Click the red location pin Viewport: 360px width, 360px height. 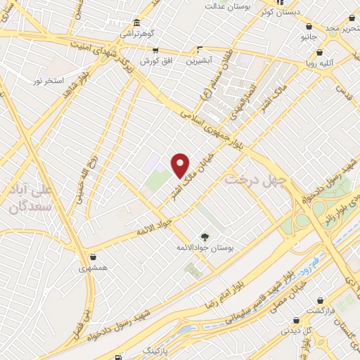[x=181, y=165]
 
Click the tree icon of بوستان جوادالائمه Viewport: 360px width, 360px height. [x=205, y=237]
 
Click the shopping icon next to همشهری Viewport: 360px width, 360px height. [x=94, y=257]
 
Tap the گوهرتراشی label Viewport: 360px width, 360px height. [x=136, y=33]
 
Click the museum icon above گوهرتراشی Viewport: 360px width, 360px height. [x=136, y=22]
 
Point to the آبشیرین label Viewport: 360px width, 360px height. [x=200, y=61]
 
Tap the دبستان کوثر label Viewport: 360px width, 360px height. [x=276, y=12]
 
